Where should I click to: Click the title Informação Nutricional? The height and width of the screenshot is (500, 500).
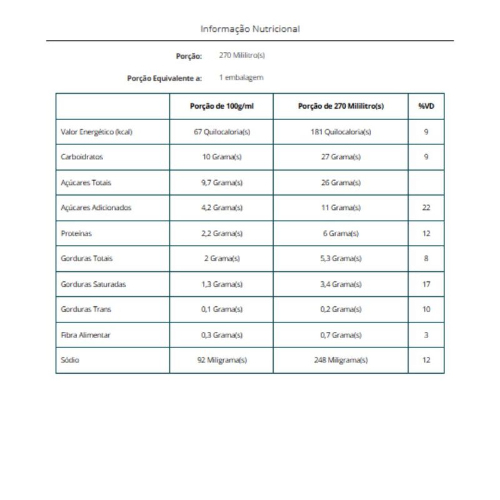tap(250, 29)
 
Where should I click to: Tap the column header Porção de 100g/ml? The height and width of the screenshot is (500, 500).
tap(222, 106)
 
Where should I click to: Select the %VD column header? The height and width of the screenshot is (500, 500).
tap(426, 106)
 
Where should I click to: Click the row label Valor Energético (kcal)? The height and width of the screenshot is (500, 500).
tap(96, 132)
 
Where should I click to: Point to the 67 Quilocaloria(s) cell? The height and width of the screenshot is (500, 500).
tap(222, 132)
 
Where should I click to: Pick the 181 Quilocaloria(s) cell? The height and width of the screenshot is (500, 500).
tap(341, 132)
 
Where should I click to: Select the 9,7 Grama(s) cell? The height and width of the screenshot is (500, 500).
tap(222, 182)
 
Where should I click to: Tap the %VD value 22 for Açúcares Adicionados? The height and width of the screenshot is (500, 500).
tap(426, 207)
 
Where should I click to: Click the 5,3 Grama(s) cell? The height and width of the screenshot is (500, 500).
tap(341, 258)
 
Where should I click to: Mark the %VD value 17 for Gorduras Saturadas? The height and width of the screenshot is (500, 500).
tap(426, 284)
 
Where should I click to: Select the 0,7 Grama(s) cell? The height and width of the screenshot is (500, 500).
tap(341, 335)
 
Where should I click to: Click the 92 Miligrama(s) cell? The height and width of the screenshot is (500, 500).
tap(222, 360)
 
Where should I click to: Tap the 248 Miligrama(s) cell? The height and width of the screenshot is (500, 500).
tap(341, 360)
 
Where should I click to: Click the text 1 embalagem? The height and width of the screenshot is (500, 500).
tap(241, 77)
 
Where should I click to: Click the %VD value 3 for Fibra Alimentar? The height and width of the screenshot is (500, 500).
tap(426, 335)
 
